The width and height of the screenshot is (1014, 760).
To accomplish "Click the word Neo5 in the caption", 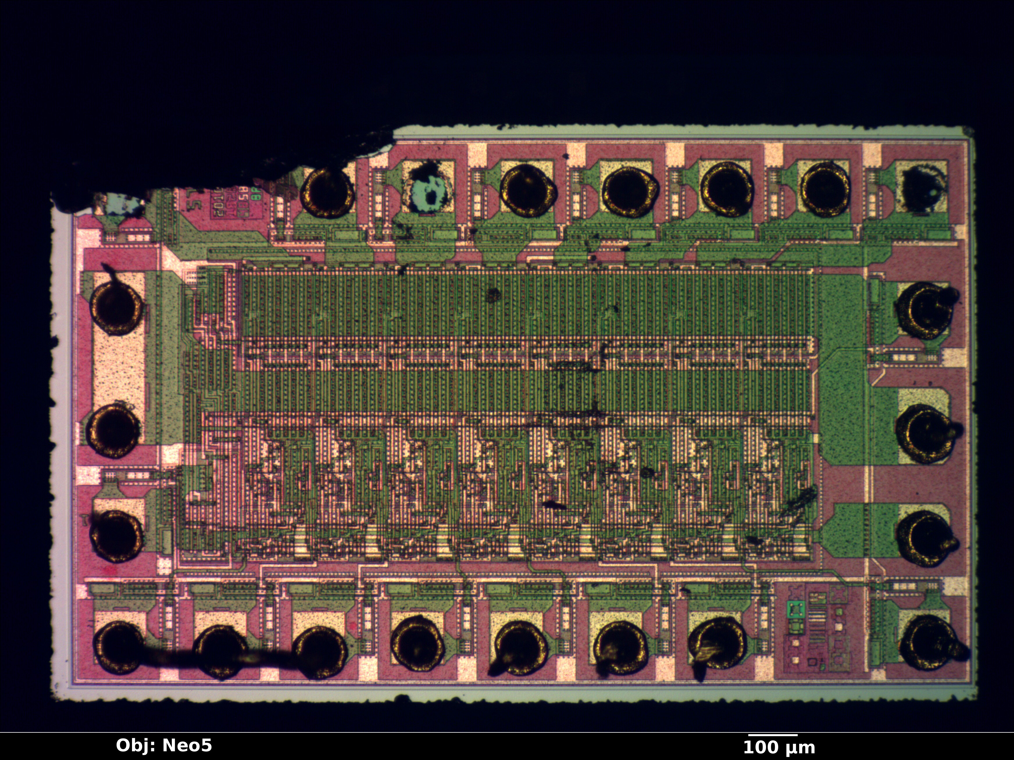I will point(187,745).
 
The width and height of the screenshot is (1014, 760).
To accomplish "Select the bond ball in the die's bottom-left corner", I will point(119,647).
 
